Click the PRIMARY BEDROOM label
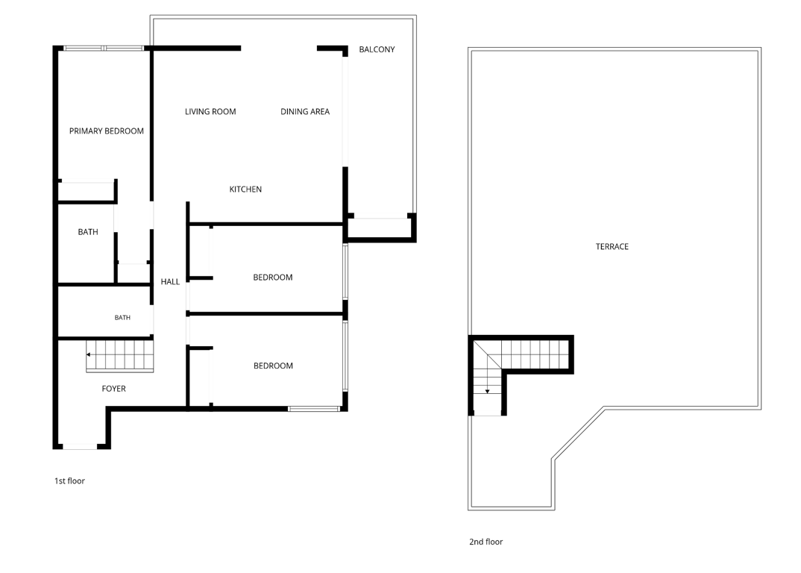click(106, 131)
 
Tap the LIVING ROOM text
click(210, 111)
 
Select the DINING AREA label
click(305, 111)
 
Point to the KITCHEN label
click(245, 189)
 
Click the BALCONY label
click(377, 49)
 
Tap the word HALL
click(170, 281)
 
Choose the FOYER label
click(113, 389)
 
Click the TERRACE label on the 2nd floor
click(612, 246)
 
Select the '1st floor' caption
click(69, 481)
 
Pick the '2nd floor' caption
click(486, 542)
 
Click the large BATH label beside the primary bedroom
click(88, 232)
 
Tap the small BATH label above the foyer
click(122, 317)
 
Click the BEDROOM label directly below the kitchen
click(273, 278)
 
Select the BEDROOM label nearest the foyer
click(273, 366)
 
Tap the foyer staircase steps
click(120, 356)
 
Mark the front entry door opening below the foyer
click(80, 447)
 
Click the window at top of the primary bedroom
click(104, 48)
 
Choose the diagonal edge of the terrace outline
click(578, 433)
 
